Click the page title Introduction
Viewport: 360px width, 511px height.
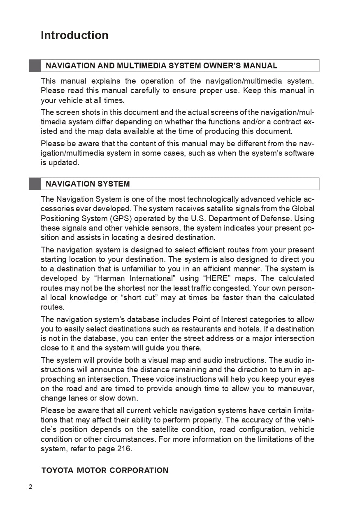tap(74, 35)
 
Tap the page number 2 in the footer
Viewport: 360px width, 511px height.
tap(30, 487)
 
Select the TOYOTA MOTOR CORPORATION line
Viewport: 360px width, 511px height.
tap(105, 470)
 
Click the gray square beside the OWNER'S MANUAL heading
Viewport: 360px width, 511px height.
tap(35, 66)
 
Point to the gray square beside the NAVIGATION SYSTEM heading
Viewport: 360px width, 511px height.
tap(35, 184)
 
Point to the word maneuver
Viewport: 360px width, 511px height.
tap(297, 389)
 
